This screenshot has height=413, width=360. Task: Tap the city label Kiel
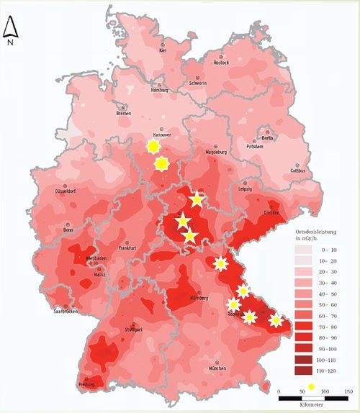[x=163, y=51]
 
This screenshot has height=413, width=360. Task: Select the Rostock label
[x=221, y=63]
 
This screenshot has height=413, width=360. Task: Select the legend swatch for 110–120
[x=303, y=371]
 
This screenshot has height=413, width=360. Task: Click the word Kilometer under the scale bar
[x=312, y=407]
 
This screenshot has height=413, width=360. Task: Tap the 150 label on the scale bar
[x=347, y=391]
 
